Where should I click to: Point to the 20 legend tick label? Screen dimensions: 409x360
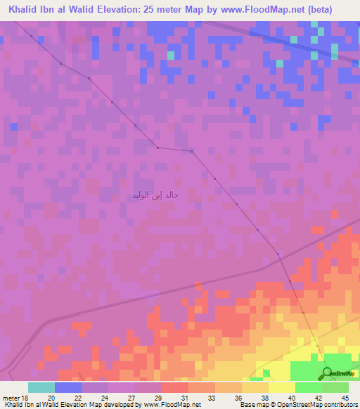pos(51,398)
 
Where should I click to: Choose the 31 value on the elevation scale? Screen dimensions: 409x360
pos(184,398)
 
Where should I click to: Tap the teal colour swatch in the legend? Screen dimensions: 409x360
pos(41,387)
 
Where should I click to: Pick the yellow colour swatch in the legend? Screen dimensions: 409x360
pos(281,387)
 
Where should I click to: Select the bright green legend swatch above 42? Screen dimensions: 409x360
pos(308,387)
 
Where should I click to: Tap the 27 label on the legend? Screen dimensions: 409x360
pos(131,398)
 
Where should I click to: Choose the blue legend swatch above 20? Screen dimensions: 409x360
pos(68,387)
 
